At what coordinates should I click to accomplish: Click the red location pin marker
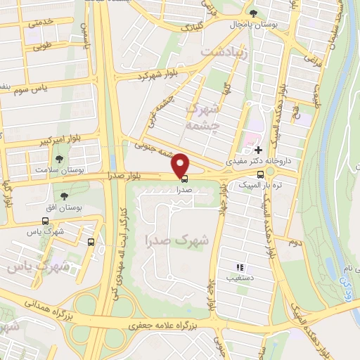pos(181,165)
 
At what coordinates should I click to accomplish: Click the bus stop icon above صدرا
pos(184,179)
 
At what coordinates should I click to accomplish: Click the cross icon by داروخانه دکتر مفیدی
pos(259,150)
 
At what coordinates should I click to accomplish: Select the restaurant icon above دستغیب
pos(240,267)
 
